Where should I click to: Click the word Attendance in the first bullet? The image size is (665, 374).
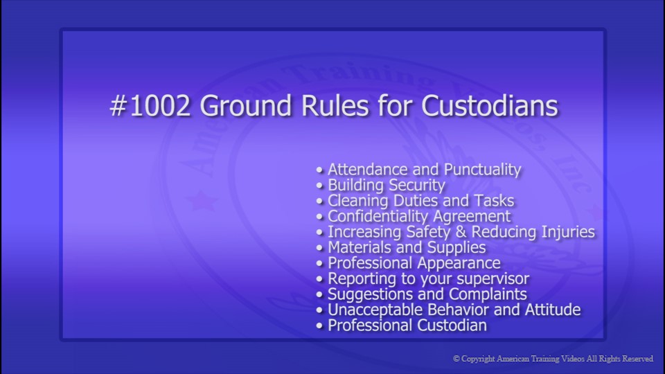[366, 169]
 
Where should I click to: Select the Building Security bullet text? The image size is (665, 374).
[386, 185]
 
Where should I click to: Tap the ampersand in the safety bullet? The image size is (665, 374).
[459, 232]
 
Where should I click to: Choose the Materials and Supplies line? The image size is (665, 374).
[407, 247]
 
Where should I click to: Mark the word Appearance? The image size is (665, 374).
[459, 263]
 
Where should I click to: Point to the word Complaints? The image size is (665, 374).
[486, 294]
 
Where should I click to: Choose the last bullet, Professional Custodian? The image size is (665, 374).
[407, 326]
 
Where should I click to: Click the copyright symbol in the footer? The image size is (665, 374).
[456, 359]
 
